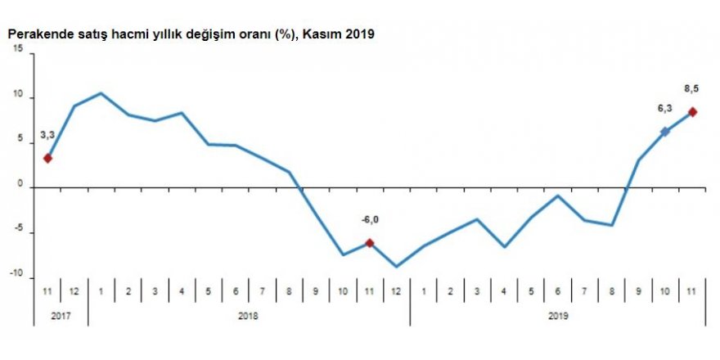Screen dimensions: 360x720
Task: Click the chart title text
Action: coord(191,35)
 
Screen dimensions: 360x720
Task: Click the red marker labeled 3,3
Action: coord(48,158)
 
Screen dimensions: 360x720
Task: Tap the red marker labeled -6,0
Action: coord(370,243)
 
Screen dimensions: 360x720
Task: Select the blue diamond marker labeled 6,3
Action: coord(665,132)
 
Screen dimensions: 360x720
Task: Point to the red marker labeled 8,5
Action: coord(692,112)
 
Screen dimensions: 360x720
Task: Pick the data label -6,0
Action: coord(369,219)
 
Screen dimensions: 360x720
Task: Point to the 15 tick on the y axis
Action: coord(19,53)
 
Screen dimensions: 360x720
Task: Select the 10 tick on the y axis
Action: coord(19,98)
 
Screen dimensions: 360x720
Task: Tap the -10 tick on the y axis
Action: coord(17,276)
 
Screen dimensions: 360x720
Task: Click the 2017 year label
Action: coord(61,314)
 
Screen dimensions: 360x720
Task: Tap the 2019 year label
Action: coord(557,314)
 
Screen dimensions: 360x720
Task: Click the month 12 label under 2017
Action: coord(74,291)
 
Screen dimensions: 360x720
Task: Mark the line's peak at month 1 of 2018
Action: coord(101,92)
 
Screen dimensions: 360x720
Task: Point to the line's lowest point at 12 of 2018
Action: coord(397,267)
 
